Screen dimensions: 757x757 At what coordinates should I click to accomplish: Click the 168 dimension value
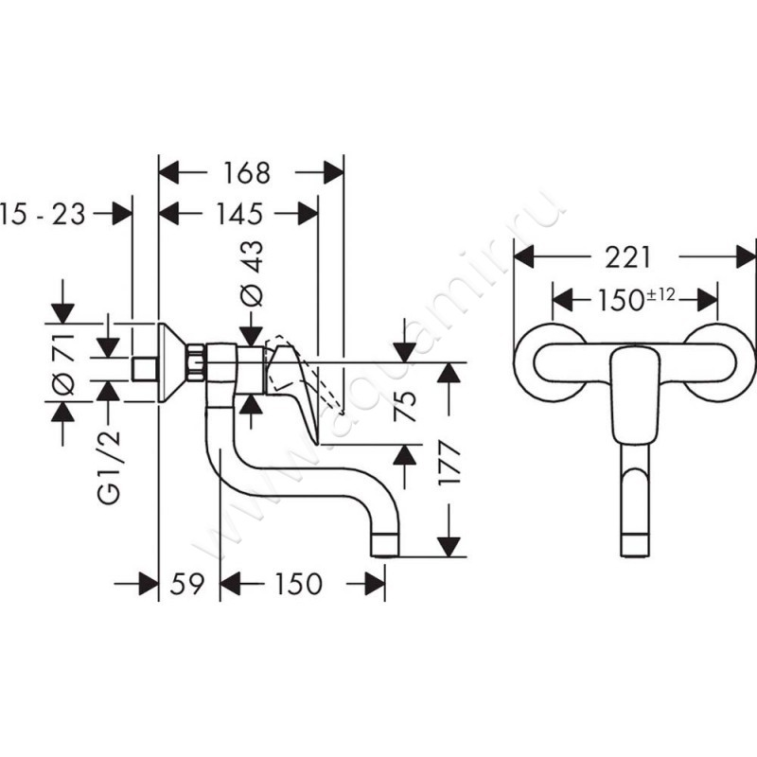point(248,173)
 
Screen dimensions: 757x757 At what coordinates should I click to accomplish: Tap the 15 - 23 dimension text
point(44,214)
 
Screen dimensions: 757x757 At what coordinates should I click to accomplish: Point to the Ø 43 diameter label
point(253,273)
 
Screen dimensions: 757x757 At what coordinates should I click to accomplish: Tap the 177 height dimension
point(451,461)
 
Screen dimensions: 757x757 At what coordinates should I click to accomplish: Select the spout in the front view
point(634,502)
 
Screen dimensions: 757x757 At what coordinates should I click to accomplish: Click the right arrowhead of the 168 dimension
point(332,173)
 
